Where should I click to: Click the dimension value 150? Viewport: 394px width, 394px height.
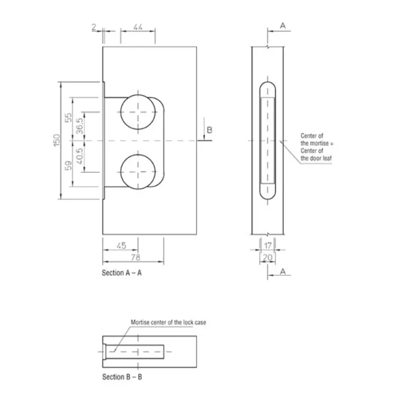(x=57, y=140)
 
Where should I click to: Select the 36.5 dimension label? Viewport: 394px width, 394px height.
(x=79, y=126)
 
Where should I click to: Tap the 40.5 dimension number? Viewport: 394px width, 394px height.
(x=79, y=156)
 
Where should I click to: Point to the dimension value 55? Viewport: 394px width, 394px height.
(x=68, y=118)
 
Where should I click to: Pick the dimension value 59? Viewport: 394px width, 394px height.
(x=68, y=166)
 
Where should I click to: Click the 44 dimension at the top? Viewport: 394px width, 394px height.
(x=138, y=26)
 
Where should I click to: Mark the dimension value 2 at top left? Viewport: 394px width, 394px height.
(x=94, y=27)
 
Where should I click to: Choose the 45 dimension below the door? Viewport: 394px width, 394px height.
(x=122, y=245)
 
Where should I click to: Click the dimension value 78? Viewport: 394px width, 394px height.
(x=136, y=257)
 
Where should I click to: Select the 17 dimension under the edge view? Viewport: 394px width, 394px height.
(x=268, y=245)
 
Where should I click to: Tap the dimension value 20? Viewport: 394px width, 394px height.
(x=267, y=258)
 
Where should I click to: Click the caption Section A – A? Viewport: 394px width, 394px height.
(x=122, y=273)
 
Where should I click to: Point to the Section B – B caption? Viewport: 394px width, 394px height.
(x=122, y=377)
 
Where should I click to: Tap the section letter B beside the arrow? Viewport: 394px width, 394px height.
(x=209, y=130)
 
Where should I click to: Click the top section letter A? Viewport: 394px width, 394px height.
(x=283, y=26)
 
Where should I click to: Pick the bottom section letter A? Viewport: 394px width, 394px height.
(x=283, y=272)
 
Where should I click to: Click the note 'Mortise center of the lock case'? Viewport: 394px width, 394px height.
(x=168, y=323)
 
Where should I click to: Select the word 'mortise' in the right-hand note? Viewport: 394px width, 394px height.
(x=319, y=143)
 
